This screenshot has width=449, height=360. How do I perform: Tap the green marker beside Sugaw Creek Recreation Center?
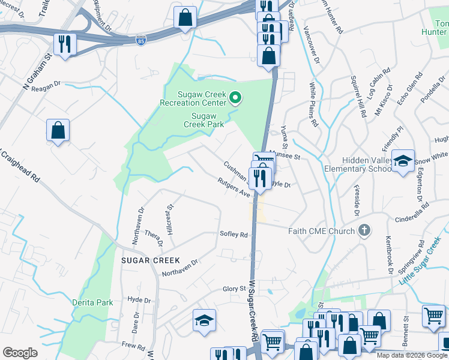(236, 98)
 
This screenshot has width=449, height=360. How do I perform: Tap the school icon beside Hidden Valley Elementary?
(403, 160)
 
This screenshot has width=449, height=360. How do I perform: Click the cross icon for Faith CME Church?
(363, 230)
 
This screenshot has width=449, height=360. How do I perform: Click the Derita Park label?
(92, 302)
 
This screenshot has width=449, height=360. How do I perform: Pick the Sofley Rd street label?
(234, 235)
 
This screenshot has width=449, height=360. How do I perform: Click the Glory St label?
(234, 289)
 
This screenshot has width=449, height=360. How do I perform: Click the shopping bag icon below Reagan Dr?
(58, 130)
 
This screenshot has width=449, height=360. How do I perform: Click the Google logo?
(20, 353)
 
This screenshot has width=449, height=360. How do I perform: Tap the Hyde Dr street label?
(139, 300)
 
